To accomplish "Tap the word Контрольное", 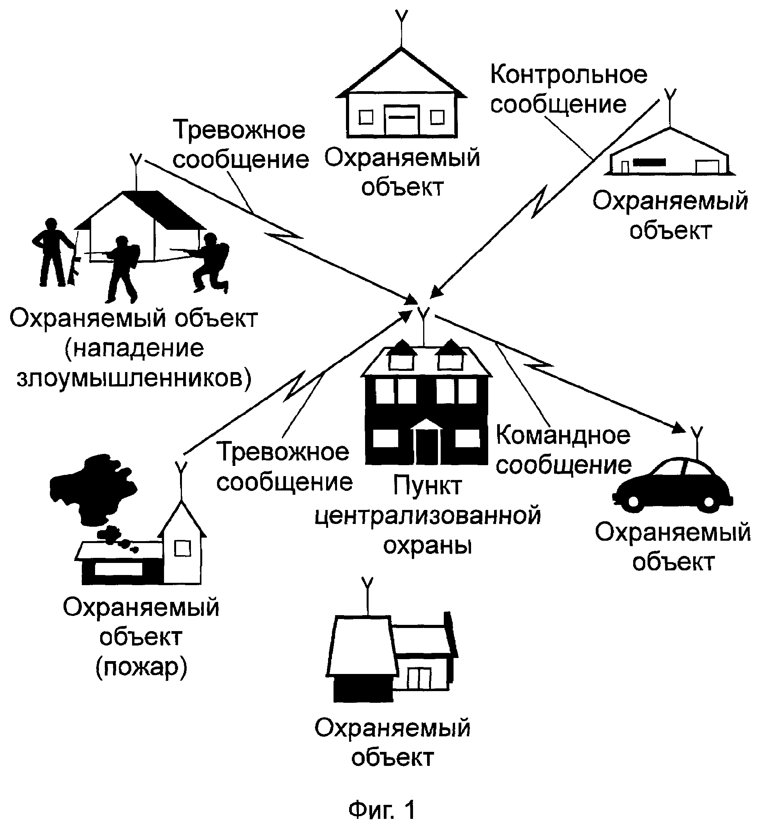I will point(568,75).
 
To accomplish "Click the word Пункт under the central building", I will point(427,486).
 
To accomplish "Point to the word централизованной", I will point(427,517).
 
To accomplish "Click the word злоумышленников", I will point(134,379).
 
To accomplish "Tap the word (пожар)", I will point(141,668).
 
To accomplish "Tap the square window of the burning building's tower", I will point(182,549).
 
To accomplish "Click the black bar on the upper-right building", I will point(649,162).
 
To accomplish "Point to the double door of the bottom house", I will point(419,678).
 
